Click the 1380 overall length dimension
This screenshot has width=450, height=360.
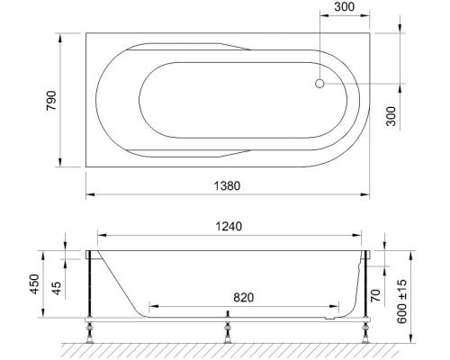[226, 185]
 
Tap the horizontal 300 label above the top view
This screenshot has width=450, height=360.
[343, 8]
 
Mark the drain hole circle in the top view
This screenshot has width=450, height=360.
[319, 85]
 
